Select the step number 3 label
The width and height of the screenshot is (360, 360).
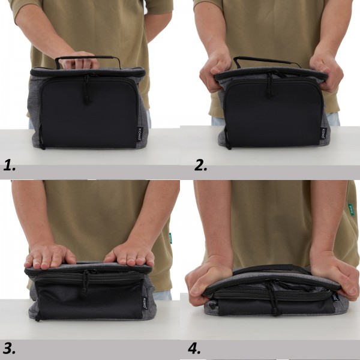coord(10,347)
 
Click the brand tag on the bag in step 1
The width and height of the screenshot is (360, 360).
coord(140,134)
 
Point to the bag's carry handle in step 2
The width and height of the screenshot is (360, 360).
coord(266,60)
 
